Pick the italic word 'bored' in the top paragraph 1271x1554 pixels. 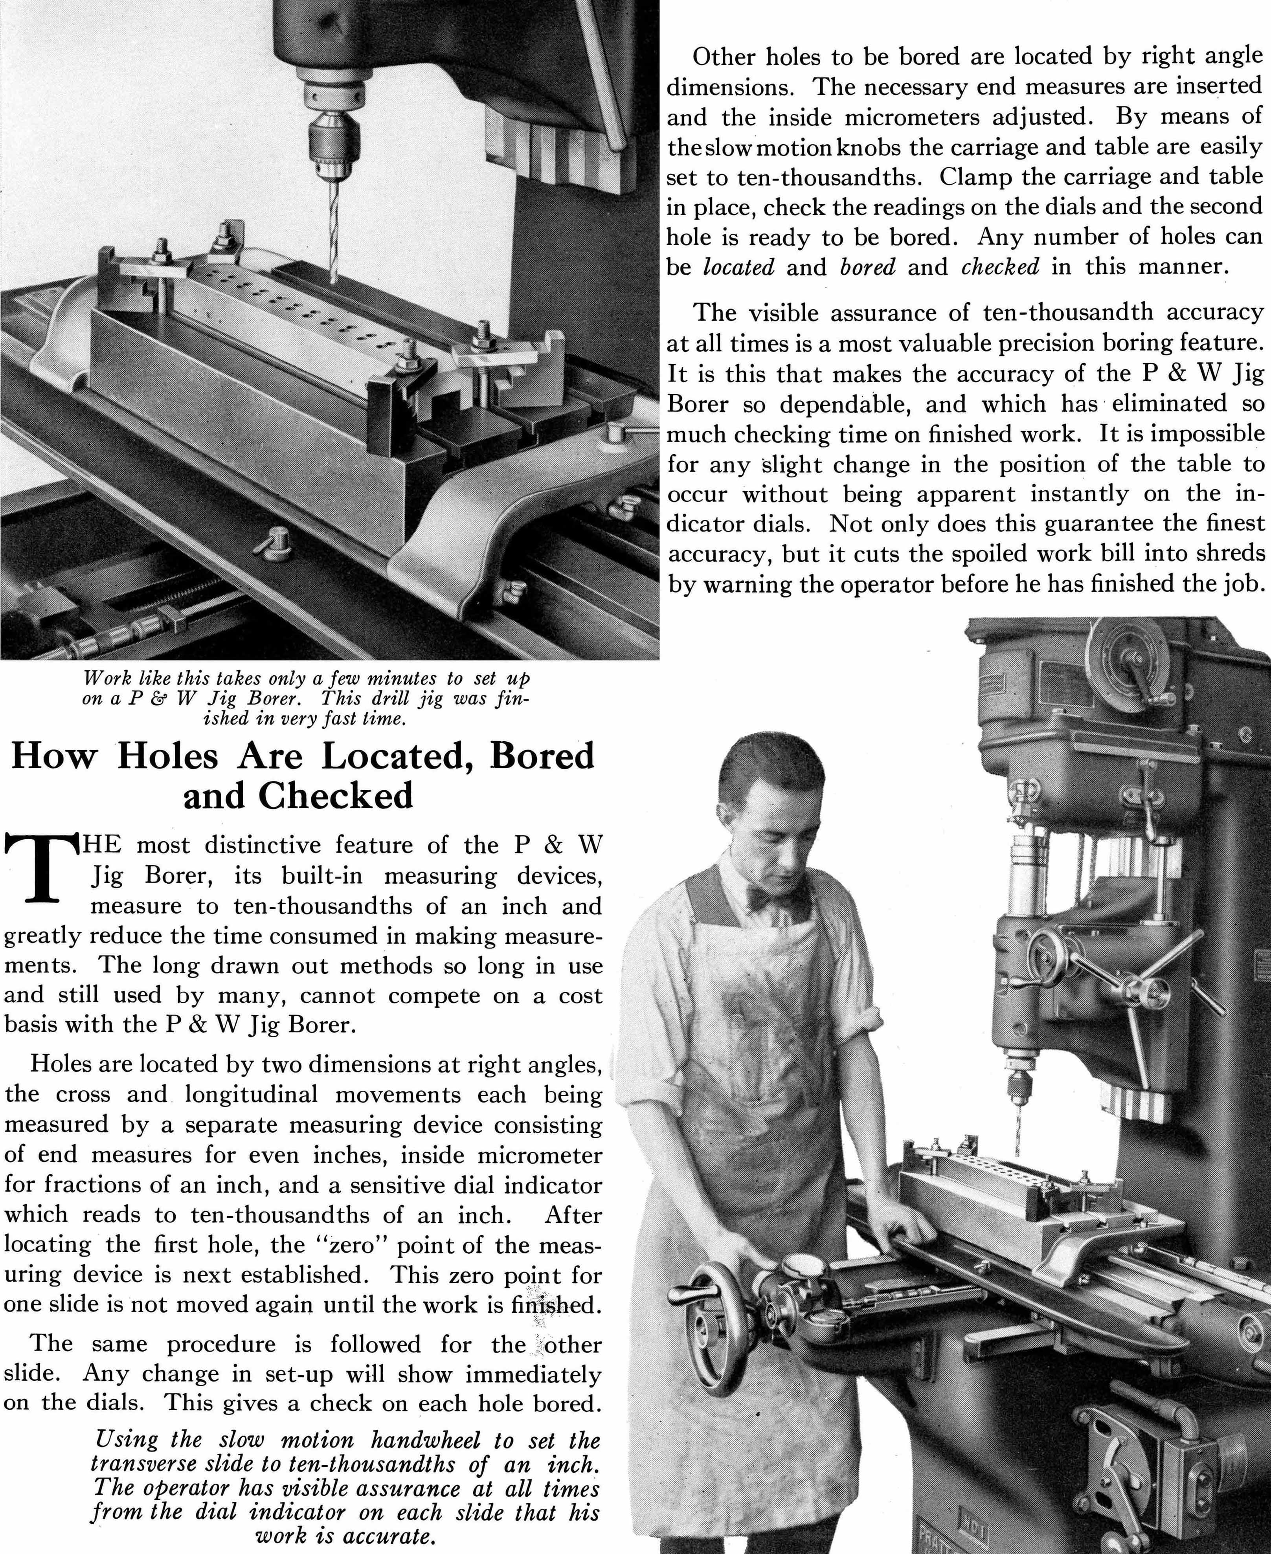pos(868,267)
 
